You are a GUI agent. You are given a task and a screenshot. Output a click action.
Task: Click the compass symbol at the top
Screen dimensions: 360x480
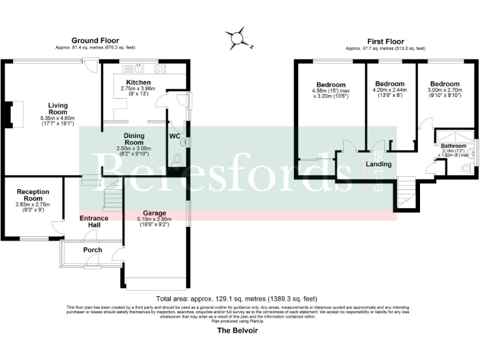tap(238, 38)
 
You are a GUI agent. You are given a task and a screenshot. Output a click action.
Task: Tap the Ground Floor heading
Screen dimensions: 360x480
tap(95, 41)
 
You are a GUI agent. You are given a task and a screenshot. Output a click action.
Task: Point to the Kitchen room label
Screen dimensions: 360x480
tap(138, 82)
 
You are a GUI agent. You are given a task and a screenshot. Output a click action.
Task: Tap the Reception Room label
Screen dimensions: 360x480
tap(33, 195)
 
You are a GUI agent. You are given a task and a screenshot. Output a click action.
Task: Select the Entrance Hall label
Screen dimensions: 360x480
tap(94, 221)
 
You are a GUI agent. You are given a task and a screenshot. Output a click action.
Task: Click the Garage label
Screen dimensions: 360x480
tap(154, 212)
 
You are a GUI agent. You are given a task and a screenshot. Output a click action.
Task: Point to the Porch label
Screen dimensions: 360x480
tap(92, 250)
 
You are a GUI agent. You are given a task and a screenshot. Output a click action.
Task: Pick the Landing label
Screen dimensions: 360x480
tap(379, 164)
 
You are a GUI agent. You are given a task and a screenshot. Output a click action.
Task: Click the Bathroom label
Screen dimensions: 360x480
tap(453, 146)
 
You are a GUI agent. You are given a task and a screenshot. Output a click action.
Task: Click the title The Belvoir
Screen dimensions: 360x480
tap(237, 331)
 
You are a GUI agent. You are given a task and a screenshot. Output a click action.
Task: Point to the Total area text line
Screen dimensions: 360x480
tap(237, 299)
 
